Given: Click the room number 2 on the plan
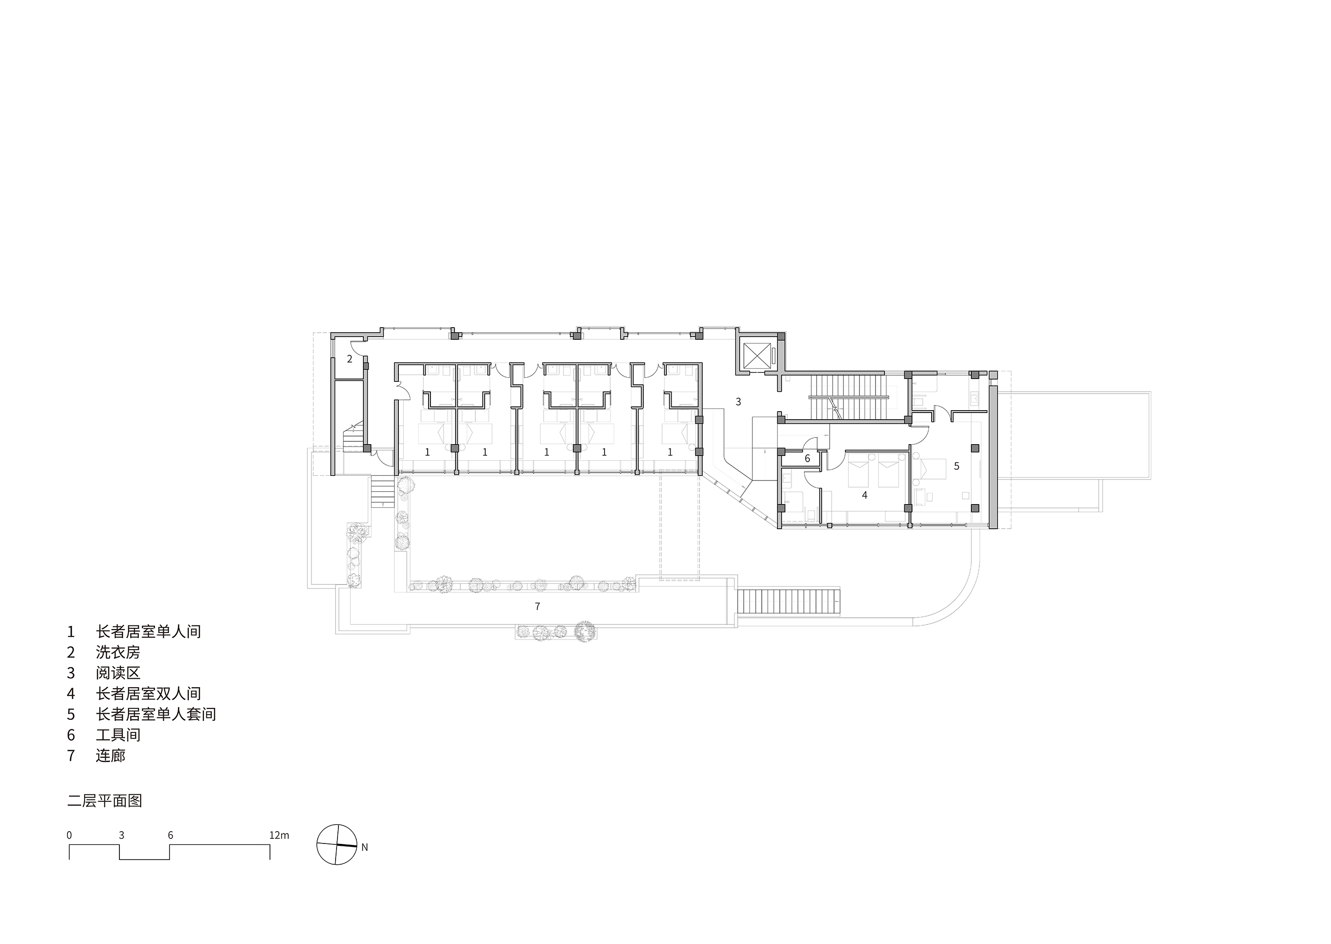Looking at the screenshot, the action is pos(349,359).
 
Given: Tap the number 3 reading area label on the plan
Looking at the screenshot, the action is pos(738,401).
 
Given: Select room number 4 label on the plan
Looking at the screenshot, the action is pos(864,495).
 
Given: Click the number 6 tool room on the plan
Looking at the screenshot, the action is pos(807,459).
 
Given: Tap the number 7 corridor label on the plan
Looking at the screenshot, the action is pos(537,606).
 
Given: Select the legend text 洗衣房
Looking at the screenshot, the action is pos(118,652).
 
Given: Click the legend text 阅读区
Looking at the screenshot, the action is pos(118,673).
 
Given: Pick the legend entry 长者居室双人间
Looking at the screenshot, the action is pos(148,693).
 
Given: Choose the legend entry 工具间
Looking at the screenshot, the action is pos(118,735).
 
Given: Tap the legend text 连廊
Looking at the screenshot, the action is pos(110,756).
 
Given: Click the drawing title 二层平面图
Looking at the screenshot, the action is pos(105,801).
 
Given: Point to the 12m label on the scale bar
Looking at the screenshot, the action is pos(279,835).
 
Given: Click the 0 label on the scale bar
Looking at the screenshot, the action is pos(69,835).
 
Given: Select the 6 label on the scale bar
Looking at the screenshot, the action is pos(170,835).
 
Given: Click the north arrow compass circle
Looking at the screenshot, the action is pos(337,844).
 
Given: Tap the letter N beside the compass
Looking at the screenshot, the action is pos(364,848).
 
